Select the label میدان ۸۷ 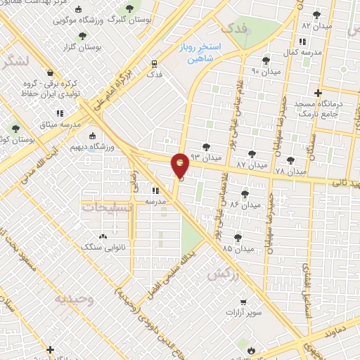click(x=251, y=165)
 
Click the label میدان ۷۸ click(x=290, y=171)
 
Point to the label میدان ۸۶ click(x=244, y=205)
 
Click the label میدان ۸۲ click(x=316, y=25)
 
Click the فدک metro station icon click(x=154, y=63)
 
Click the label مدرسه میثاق click(x=60, y=124)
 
